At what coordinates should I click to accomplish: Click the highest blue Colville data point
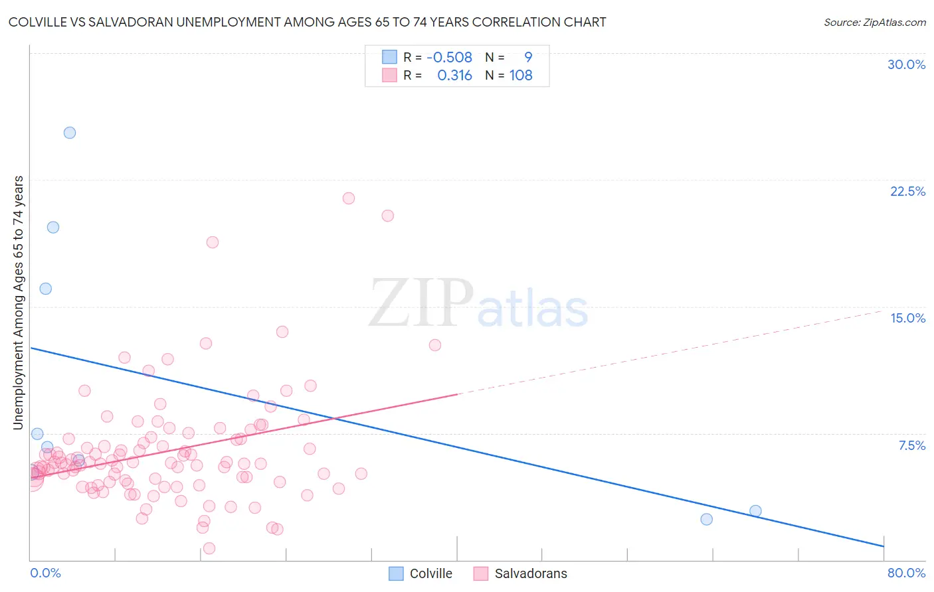coord(70,133)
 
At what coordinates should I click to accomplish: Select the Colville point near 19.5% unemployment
coord(53,227)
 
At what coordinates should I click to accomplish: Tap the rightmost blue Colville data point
coord(755,511)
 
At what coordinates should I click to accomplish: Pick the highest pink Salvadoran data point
coord(349,198)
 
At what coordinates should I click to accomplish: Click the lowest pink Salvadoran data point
coord(209,548)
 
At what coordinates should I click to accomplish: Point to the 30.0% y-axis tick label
coord(906,64)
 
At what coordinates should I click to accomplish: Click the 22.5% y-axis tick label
coord(907,191)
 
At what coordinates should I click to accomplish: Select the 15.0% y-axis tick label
coord(907,318)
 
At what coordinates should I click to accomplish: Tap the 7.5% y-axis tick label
coord(911,445)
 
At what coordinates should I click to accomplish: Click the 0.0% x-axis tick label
coord(45,573)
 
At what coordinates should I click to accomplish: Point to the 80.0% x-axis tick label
coord(906,573)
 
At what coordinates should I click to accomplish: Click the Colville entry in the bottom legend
coord(430,573)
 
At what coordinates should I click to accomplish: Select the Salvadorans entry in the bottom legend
coord(531,573)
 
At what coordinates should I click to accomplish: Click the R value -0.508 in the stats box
coord(449,57)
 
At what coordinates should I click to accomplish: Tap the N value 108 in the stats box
coord(521,76)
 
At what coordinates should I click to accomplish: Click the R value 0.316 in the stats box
coord(454,76)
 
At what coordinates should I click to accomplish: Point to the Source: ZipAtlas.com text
coord(874,22)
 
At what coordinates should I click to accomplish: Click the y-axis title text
coord(19,303)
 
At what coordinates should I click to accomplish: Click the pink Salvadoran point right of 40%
coord(435,345)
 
